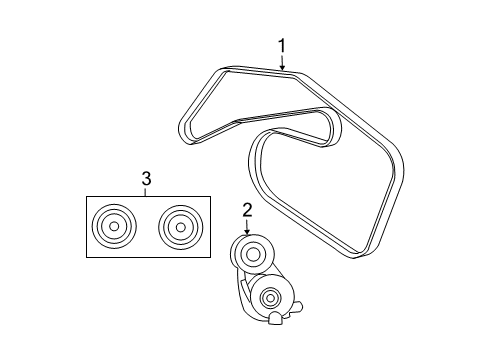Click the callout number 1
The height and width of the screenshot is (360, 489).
282,45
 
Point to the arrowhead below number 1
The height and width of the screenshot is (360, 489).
282,66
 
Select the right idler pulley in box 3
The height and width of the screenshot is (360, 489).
176,227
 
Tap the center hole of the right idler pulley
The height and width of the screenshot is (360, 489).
176,227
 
